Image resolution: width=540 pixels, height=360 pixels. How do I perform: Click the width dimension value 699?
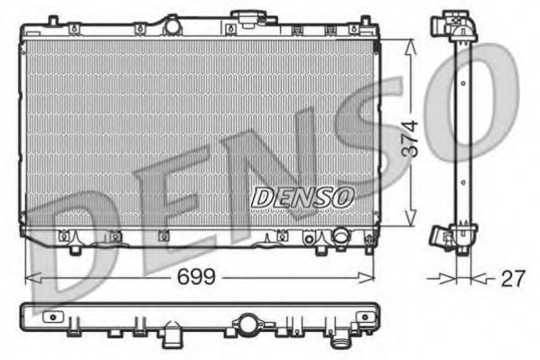(196, 277)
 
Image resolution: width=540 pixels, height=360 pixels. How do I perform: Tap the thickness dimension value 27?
(513, 279)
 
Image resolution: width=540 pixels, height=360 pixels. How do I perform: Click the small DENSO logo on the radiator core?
(303, 193)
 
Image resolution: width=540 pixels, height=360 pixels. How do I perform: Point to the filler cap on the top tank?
(245, 18)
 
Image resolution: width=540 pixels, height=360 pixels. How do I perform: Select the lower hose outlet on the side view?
(442, 236)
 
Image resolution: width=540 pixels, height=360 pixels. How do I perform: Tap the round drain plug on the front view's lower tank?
(340, 237)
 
